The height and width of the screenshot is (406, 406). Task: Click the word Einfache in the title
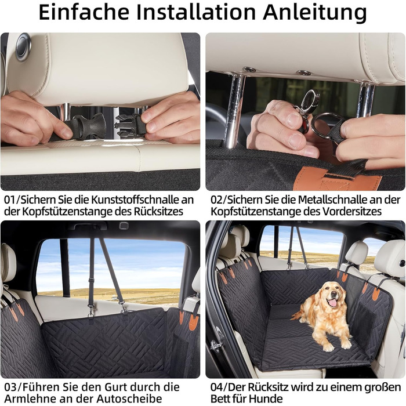tap(84, 12)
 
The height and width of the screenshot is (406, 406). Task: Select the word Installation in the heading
tap(196, 12)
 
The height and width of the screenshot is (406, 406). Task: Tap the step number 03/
tap(12, 387)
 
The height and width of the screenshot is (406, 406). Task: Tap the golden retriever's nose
tap(335, 294)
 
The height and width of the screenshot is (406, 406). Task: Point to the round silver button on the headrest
tap(24, 46)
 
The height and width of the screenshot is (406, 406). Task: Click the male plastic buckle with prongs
tap(128, 125)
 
